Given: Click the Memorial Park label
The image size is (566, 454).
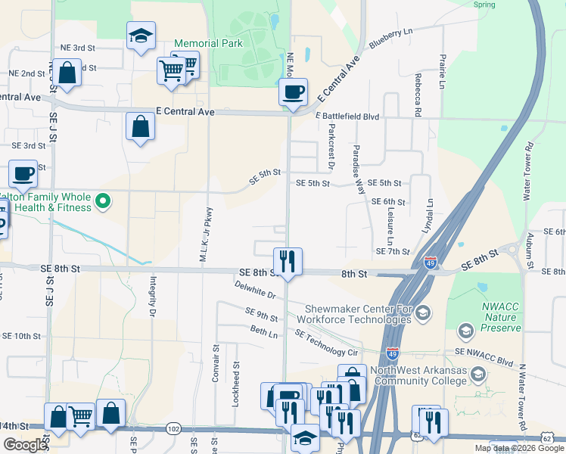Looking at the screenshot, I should pos(209,43).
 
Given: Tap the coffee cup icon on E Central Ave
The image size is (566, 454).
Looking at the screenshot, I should pos(293,93).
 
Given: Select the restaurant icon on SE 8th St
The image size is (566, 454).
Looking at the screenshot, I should pos(288,261).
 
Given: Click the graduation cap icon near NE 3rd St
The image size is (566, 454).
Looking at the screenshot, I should pos(141,37).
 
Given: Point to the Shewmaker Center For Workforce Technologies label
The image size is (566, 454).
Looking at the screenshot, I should pos(358,313).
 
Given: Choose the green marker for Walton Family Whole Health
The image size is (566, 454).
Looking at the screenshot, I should pos(104,201).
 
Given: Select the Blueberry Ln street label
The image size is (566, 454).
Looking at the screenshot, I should pos(390,39).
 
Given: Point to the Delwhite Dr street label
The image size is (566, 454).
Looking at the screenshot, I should pos(255,289).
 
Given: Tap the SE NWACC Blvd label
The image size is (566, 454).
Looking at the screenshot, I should pos(490,353).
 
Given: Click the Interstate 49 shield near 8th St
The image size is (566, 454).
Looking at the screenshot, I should pos(431,262).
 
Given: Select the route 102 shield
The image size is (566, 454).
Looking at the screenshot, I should pos(173,429).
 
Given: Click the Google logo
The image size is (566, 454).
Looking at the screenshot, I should pos(25,445).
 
